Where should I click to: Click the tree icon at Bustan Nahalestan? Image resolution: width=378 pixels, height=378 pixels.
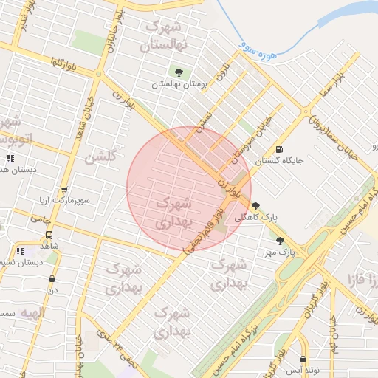(x=179, y=72)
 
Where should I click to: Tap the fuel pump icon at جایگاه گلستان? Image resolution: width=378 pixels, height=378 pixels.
(x=278, y=148)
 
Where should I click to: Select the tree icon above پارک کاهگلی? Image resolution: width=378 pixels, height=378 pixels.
(x=255, y=206)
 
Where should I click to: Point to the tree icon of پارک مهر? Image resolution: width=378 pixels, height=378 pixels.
(x=280, y=240)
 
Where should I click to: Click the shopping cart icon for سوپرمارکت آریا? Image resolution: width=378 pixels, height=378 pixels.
(x=64, y=189)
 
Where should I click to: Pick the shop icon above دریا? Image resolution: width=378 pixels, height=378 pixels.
(x=52, y=279)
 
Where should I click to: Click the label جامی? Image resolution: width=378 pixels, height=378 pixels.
(x=41, y=219)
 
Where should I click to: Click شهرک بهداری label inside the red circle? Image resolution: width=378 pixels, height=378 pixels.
(x=176, y=212)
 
